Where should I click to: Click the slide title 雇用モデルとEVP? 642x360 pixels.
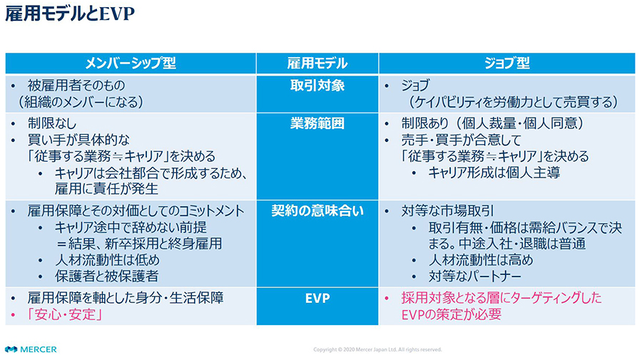click(x=70, y=14)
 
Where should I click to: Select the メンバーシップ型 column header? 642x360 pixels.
click(x=131, y=63)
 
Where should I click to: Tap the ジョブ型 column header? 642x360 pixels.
click(x=507, y=63)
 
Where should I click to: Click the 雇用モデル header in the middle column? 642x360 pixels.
click(x=317, y=63)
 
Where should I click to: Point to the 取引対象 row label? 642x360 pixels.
click(x=317, y=86)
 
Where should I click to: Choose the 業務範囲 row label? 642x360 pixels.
click(x=317, y=123)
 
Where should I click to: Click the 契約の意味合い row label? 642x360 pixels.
click(x=317, y=211)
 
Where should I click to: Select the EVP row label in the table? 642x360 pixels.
click(x=317, y=298)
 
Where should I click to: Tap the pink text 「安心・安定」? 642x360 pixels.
click(x=65, y=314)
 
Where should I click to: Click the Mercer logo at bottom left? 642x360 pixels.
click(x=31, y=349)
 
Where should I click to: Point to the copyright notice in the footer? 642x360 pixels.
click(x=377, y=350)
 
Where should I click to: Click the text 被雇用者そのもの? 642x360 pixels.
click(x=76, y=86)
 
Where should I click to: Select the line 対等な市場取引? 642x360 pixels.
click(x=447, y=211)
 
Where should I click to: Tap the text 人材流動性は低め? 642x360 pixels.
click(x=107, y=260)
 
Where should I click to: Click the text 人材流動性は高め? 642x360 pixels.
click(x=481, y=260)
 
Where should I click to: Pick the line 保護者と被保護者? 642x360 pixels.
click(x=106, y=277)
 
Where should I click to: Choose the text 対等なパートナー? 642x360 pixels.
click(x=475, y=277)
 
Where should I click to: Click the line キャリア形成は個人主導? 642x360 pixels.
click(x=494, y=173)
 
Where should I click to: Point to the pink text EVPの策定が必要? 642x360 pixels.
click(x=452, y=314)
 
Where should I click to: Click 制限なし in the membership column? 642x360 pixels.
click(x=52, y=123)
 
